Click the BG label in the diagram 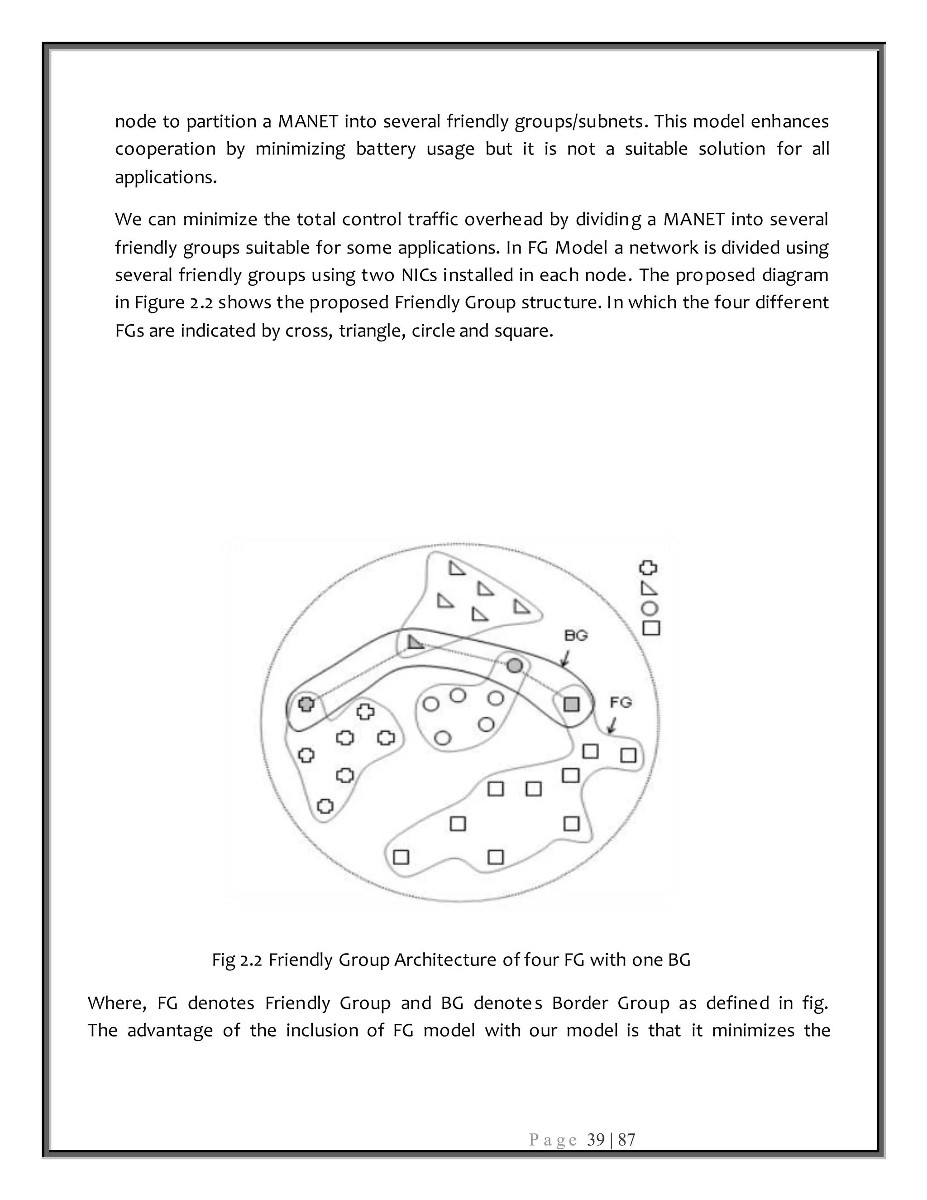click(576, 636)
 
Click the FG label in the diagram click(621, 702)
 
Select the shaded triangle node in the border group click(415, 642)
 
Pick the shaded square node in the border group click(572, 705)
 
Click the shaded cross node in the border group click(306, 703)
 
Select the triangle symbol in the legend click(649, 589)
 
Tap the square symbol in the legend click(651, 628)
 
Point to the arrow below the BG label click(565, 658)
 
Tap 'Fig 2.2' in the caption click(237, 960)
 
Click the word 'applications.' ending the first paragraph click(166, 178)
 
